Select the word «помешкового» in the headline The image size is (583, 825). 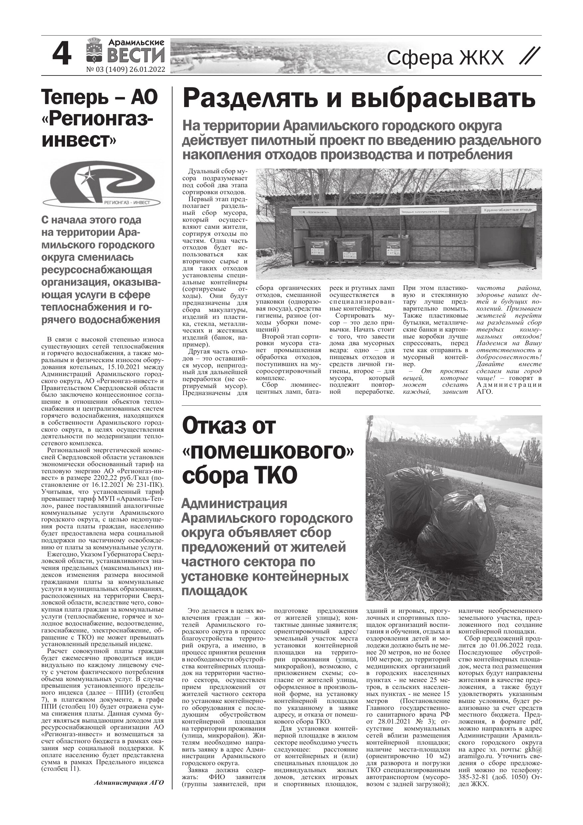click(268, 451)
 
